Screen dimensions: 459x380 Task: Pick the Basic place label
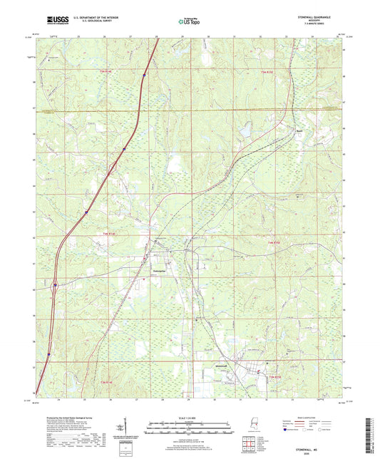coord(281,130)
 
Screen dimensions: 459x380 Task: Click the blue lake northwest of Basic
coord(246,131)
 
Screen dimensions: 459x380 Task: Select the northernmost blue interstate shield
coord(144,74)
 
